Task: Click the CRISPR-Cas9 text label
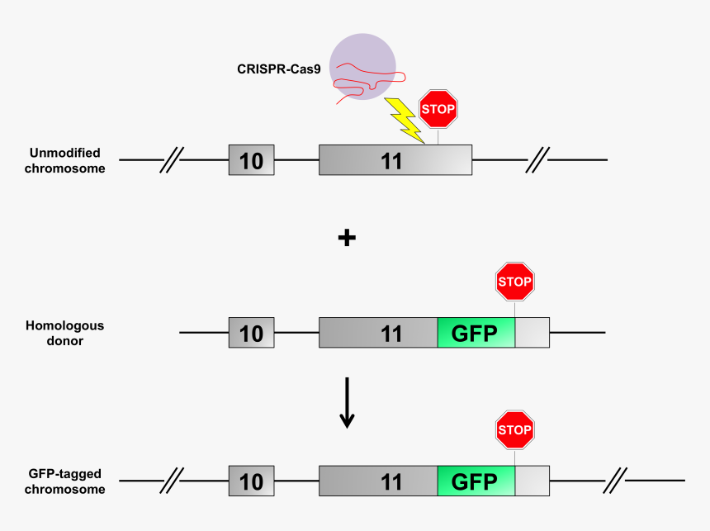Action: click(279, 69)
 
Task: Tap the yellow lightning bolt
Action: click(404, 118)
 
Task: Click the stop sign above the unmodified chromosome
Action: click(438, 109)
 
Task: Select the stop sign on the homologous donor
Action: click(515, 282)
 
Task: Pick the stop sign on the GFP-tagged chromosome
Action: click(515, 429)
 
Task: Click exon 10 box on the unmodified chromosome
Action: click(252, 159)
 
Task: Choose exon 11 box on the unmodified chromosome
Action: click(395, 159)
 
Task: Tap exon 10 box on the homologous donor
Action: click(252, 333)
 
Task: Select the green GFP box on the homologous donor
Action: click(476, 333)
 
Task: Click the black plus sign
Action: click(347, 238)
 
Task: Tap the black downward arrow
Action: click(347, 404)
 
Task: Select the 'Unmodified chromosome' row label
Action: click(65, 160)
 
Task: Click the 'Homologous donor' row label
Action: click(64, 333)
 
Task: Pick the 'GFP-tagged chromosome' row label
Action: click(64, 481)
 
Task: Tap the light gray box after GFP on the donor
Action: click(532, 333)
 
